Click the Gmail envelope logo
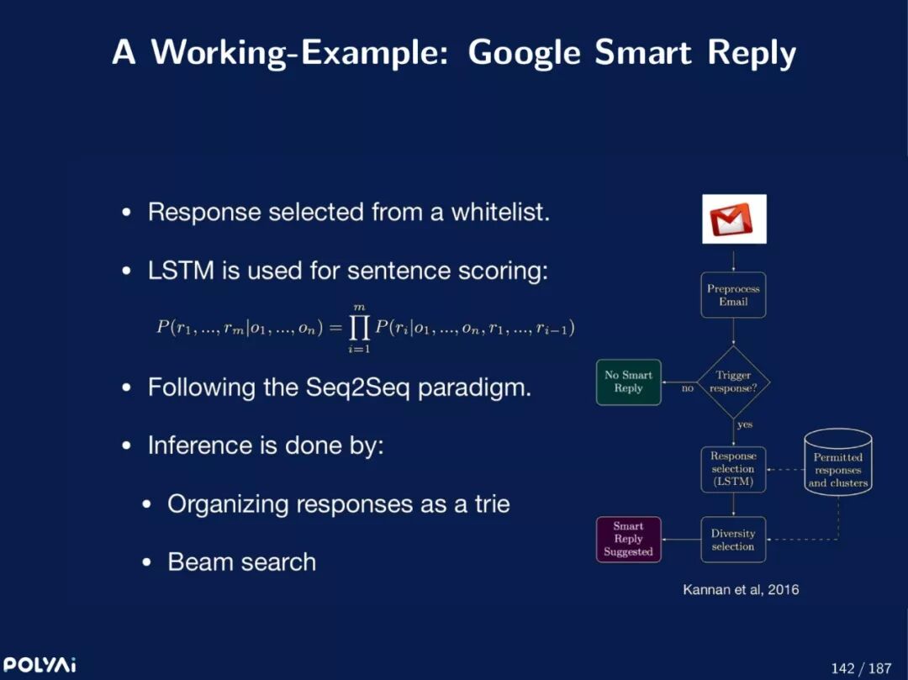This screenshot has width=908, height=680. tap(734, 219)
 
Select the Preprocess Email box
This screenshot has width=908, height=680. tap(733, 295)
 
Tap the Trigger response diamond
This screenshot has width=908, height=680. tap(733, 382)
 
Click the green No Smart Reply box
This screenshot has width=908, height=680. tap(628, 382)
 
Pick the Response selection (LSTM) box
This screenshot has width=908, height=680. tap(733, 469)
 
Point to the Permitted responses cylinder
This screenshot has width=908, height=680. tap(837, 463)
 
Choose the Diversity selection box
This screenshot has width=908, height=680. tap(733, 540)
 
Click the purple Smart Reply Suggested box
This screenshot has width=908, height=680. tap(628, 540)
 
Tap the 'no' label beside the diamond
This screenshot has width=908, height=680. tap(687, 388)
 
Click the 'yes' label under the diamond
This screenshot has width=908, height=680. tap(745, 424)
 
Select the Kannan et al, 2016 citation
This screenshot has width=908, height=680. tap(741, 589)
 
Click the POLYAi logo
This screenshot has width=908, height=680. tap(40, 665)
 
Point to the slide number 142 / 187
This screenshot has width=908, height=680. tap(860, 668)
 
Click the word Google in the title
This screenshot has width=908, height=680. tap(524, 52)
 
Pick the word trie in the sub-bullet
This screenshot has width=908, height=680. tap(489, 503)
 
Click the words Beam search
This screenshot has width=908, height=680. tap(242, 561)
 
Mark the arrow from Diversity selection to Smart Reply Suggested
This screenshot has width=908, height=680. tap(680, 540)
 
